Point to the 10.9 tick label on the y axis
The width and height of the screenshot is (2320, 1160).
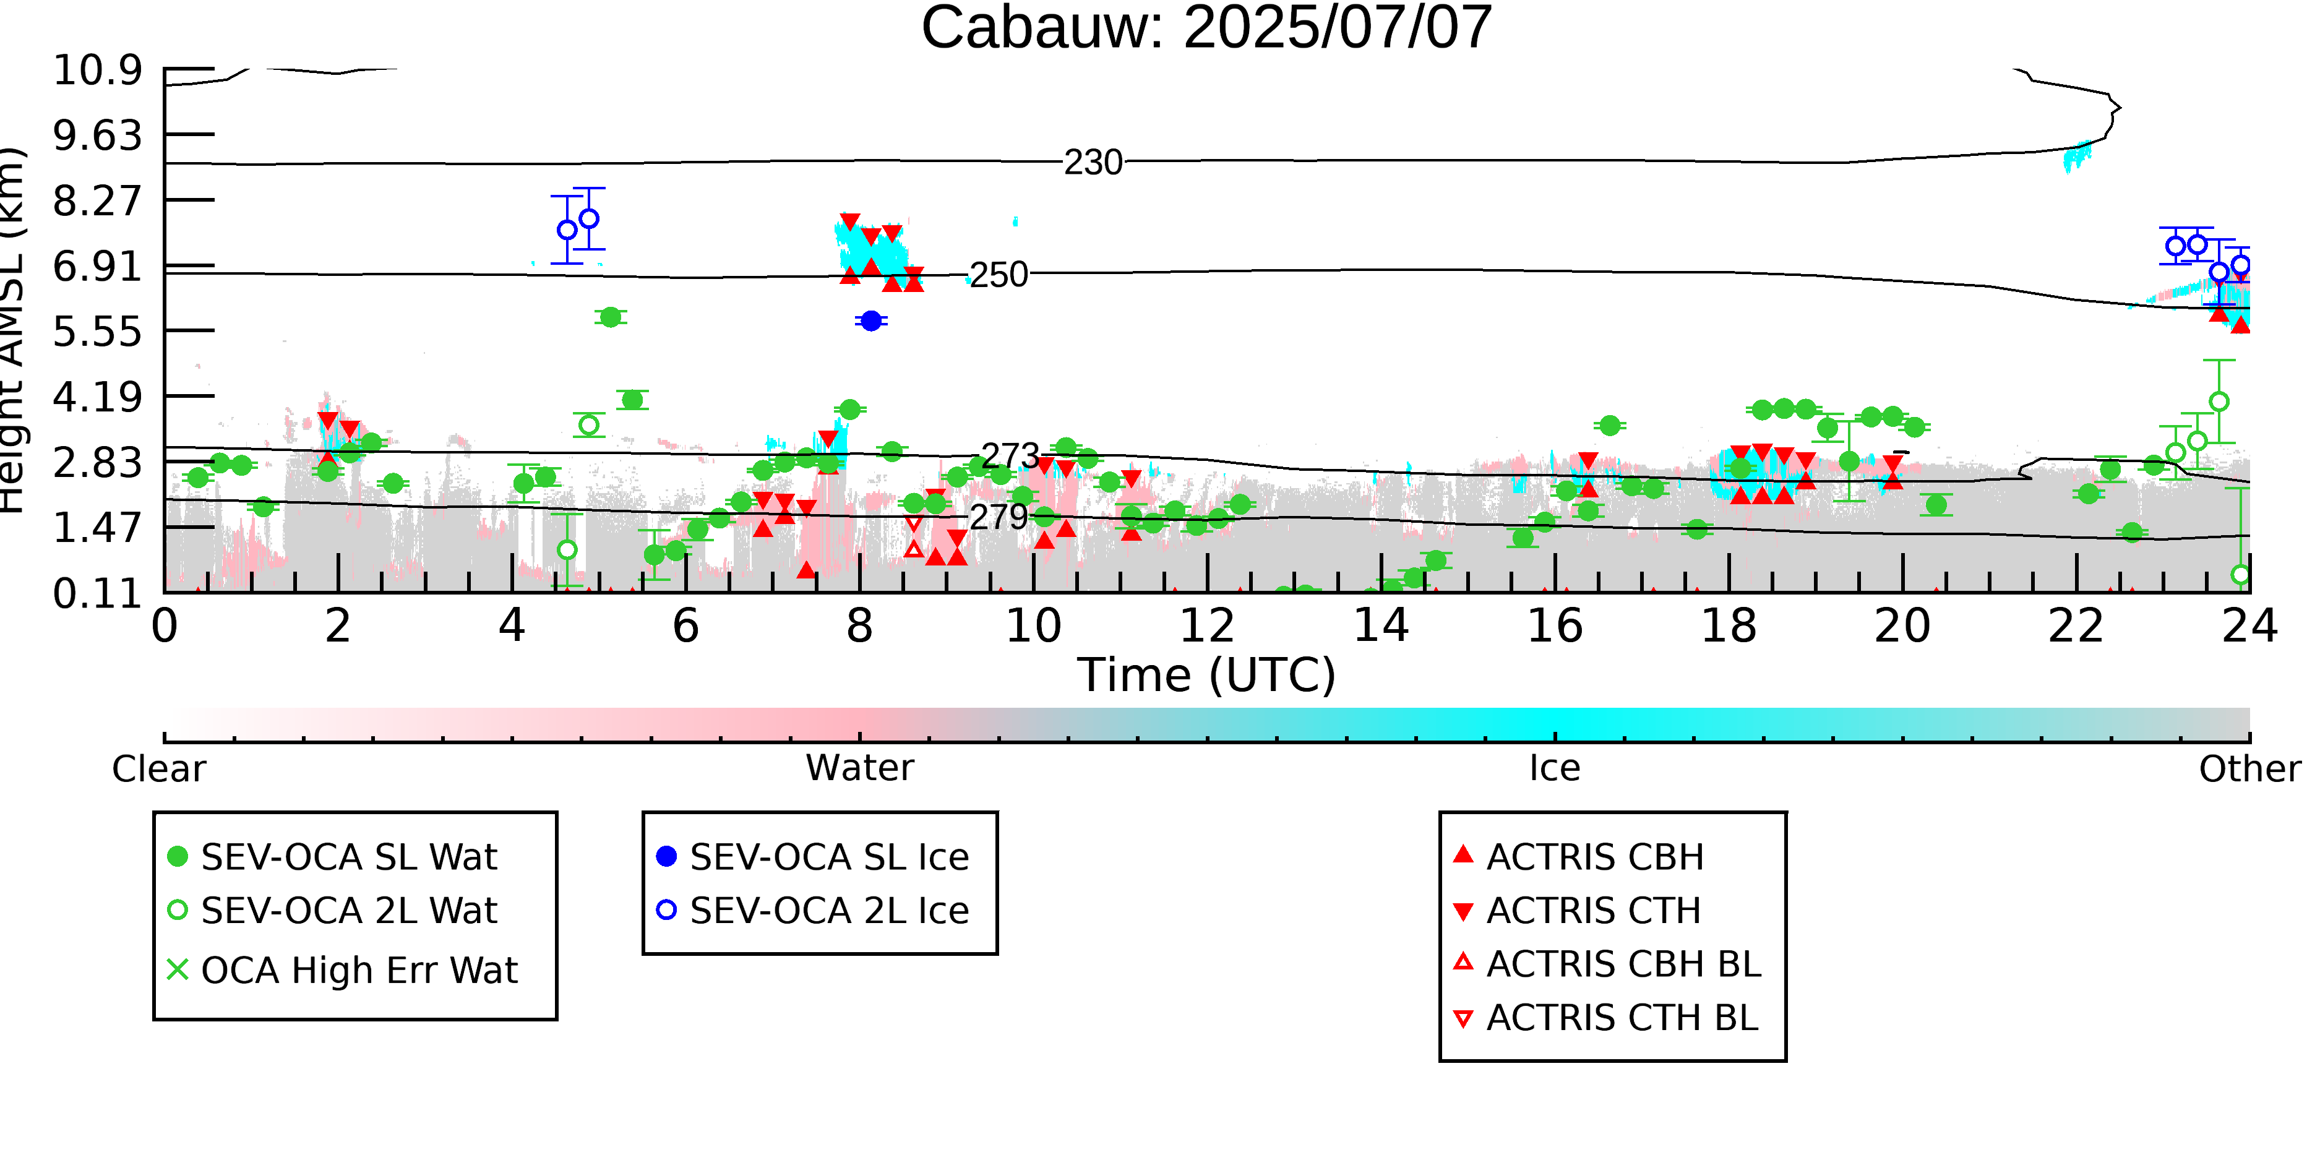(x=97, y=71)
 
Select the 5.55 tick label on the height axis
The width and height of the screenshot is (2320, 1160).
(x=97, y=332)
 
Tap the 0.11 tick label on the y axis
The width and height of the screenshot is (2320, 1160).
(x=97, y=593)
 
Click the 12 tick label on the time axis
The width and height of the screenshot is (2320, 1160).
(x=1207, y=626)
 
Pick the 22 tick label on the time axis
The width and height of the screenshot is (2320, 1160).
(x=2076, y=626)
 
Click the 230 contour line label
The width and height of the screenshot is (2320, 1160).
(x=1093, y=163)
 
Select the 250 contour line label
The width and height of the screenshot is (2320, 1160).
(x=998, y=275)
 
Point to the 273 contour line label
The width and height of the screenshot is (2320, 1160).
(x=1010, y=456)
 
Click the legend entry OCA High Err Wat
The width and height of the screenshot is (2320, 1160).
(x=342, y=970)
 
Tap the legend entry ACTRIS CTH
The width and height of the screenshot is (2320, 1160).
(x=1577, y=911)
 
